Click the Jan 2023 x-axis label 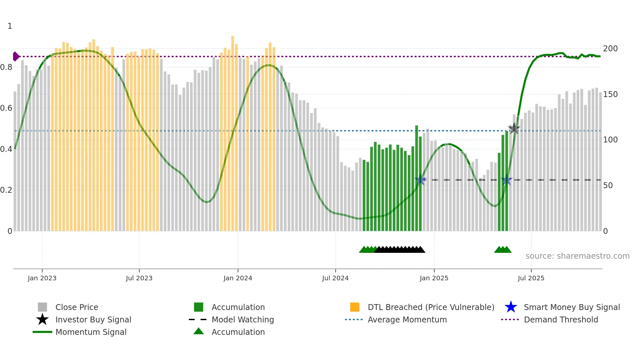(42, 278)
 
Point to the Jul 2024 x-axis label (335, 278)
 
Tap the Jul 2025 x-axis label (531, 278)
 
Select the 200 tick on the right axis (610, 49)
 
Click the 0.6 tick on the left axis (6, 108)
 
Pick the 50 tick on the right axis (608, 186)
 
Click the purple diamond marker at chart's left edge (16, 57)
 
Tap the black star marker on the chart (514, 128)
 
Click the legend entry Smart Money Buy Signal (571, 307)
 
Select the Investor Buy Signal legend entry (93, 319)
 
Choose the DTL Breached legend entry (431, 307)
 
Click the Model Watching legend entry (242, 319)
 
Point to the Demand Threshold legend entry (561, 319)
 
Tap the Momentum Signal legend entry (91, 332)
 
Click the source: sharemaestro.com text (577, 256)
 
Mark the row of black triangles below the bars (400, 250)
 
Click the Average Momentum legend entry (407, 319)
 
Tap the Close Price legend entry (76, 307)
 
